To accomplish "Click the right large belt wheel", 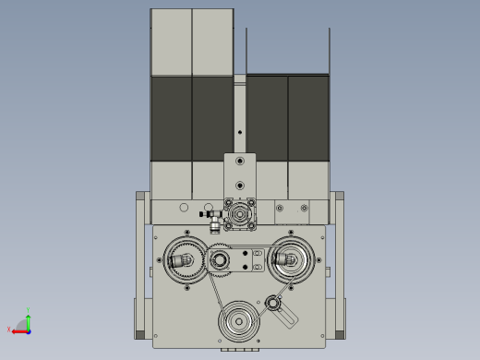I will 292,259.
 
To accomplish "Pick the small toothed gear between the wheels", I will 220,261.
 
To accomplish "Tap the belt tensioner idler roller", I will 272,302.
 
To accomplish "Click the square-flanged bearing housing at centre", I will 240,214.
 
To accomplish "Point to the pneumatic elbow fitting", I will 213,220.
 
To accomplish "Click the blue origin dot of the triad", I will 29,330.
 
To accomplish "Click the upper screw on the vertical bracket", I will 240,161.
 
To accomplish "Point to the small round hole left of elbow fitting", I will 184,208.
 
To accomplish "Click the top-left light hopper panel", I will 171,42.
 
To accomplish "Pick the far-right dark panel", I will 308,118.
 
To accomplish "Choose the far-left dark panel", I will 171,118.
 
